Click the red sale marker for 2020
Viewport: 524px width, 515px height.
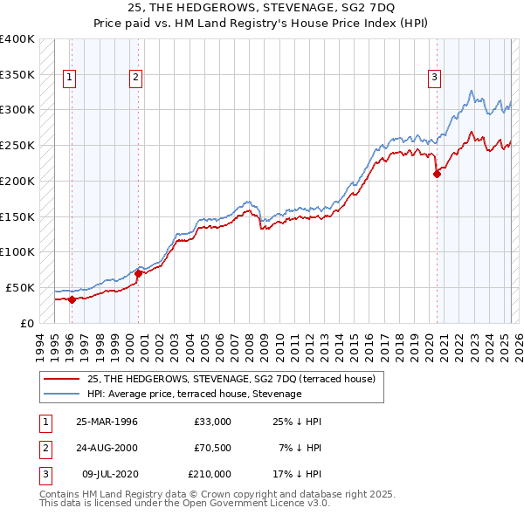pos(437,173)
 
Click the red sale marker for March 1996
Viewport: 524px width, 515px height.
pos(72,299)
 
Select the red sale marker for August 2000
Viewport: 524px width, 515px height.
pos(138,273)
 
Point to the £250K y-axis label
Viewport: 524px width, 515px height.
pos(17,145)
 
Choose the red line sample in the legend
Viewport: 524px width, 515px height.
pos(61,379)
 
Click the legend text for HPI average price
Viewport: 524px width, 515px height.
pos(194,394)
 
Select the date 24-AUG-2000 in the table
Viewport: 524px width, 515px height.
pos(107,448)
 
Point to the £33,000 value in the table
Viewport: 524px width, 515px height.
pos(212,422)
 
